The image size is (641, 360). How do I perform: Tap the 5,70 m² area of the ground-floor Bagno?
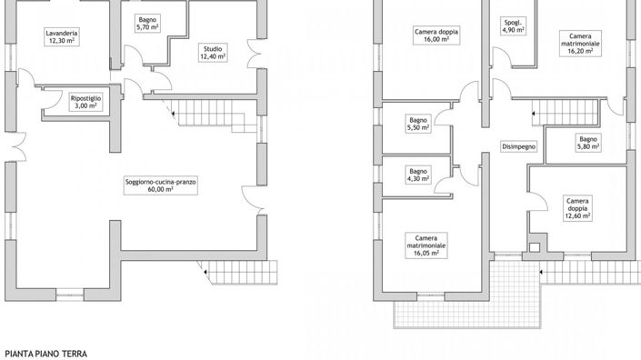[147, 28]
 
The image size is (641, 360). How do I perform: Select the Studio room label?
[213, 48]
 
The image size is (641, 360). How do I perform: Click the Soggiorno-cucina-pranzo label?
[162, 181]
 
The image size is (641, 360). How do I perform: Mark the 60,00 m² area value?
[162, 189]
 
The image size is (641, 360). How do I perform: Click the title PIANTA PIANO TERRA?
[45, 350]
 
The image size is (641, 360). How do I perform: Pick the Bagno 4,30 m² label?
[417, 175]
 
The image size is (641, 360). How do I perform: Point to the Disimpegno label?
[518, 146]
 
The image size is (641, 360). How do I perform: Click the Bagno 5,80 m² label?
[587, 142]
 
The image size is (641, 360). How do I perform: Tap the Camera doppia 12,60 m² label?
[575, 208]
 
